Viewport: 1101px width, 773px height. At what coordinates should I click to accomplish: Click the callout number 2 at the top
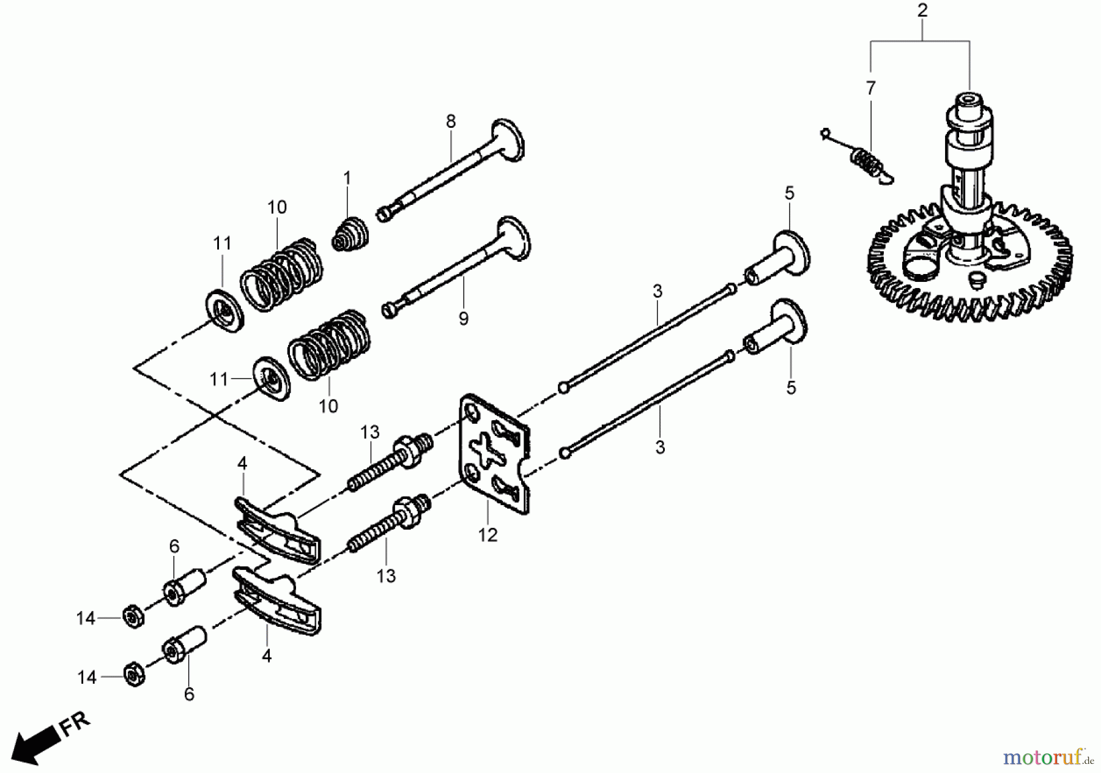point(922,10)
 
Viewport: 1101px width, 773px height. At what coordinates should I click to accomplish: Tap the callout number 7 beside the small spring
point(871,88)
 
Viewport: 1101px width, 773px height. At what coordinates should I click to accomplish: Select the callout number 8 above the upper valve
point(451,121)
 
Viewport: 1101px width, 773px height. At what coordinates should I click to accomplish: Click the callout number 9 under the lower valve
point(464,318)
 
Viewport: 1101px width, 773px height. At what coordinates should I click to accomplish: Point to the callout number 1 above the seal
point(347,178)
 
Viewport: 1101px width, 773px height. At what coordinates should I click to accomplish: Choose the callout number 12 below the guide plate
point(487,535)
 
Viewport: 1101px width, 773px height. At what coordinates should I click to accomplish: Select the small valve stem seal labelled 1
point(351,234)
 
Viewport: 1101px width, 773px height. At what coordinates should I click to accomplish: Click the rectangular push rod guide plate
point(495,454)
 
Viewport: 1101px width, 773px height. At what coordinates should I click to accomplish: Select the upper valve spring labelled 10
point(282,275)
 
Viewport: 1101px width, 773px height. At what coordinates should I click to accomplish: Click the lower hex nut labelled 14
point(134,675)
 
